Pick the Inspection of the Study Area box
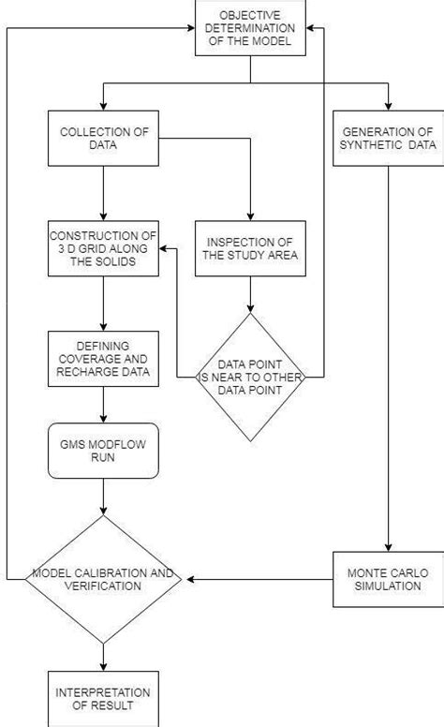249,247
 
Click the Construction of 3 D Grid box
102,247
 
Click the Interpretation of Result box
102,697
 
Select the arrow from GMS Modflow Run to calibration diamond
102,497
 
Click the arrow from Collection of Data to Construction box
102,193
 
